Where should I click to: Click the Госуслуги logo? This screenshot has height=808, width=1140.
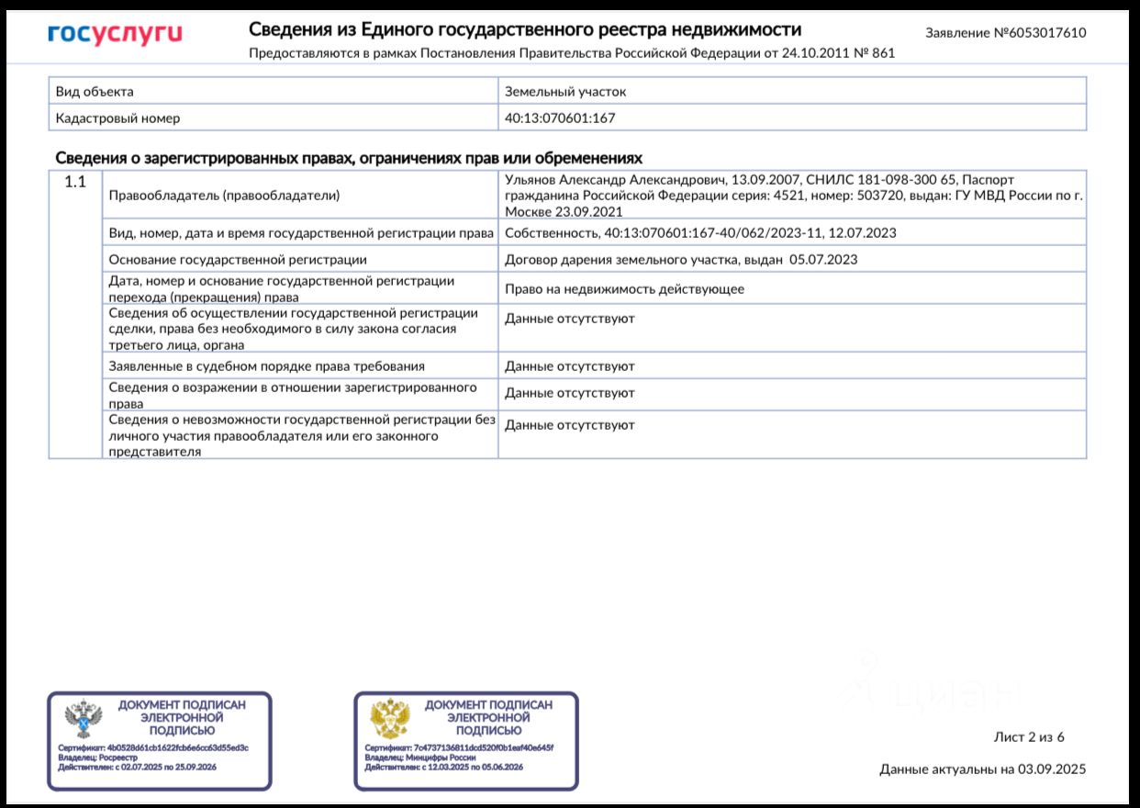(x=115, y=35)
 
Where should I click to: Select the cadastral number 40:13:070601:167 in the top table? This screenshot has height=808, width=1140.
(x=560, y=118)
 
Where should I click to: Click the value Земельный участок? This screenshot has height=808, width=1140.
(x=565, y=91)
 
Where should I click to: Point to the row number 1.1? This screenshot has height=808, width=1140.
(x=75, y=182)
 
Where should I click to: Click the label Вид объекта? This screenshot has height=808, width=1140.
(x=95, y=91)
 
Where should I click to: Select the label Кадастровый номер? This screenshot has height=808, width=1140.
(x=117, y=118)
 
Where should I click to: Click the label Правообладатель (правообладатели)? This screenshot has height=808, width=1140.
(x=224, y=195)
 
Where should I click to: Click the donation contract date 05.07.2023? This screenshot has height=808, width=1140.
(x=822, y=259)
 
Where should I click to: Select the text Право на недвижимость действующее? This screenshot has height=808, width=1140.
(x=624, y=288)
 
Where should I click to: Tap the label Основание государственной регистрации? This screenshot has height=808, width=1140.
(x=238, y=259)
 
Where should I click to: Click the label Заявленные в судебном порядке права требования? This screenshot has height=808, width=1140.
(x=266, y=365)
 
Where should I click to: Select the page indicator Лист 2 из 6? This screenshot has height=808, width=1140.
(x=1029, y=736)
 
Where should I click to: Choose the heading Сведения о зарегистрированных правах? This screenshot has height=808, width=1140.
(x=349, y=157)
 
